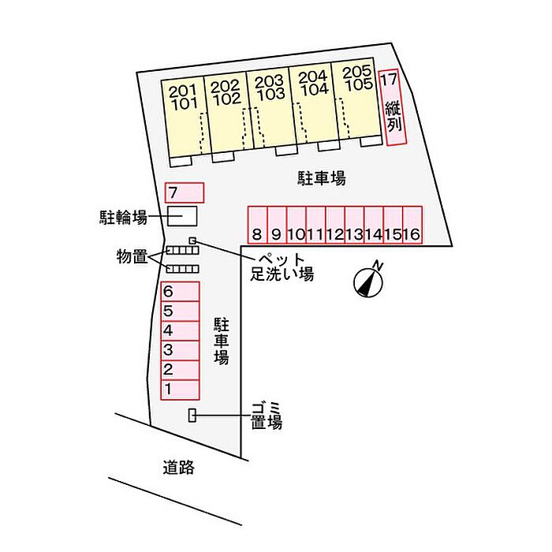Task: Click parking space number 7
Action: point(185,193)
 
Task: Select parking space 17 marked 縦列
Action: point(393,107)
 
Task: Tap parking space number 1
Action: point(181,390)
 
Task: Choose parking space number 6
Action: point(181,292)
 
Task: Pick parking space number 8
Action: point(257,225)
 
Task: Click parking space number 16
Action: point(412,225)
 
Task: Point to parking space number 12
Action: point(335,225)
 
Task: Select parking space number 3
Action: point(181,351)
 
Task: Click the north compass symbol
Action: point(369,282)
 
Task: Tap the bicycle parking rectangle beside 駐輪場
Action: point(182,216)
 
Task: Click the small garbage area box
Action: point(192,415)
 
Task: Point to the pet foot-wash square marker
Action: point(192,241)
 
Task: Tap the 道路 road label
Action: point(178,468)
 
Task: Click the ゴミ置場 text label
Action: point(267,416)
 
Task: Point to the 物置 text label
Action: point(132,256)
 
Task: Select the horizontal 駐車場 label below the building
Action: point(322,178)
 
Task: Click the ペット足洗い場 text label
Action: point(282,267)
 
